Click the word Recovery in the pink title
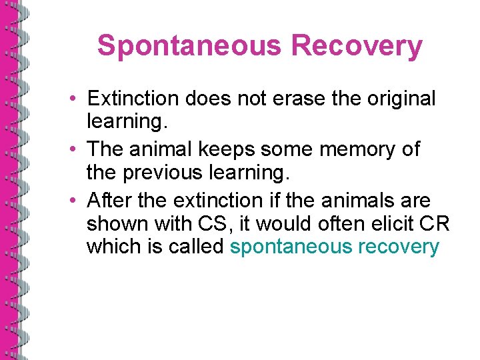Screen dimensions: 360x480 click(357, 46)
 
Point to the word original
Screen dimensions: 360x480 click(397, 99)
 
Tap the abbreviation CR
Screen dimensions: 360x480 click(435, 223)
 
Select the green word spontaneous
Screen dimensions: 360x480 click(291, 247)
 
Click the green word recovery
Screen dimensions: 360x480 click(399, 247)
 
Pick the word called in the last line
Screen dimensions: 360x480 click(195, 247)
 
